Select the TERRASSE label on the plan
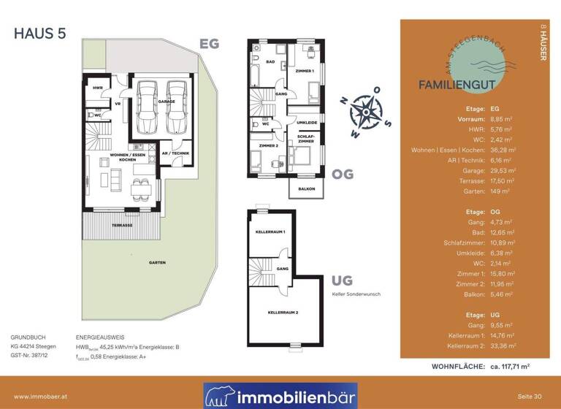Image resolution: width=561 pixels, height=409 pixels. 122,226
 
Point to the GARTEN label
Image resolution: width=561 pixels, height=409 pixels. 156,262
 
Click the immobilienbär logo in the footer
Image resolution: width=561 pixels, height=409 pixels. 280,395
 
